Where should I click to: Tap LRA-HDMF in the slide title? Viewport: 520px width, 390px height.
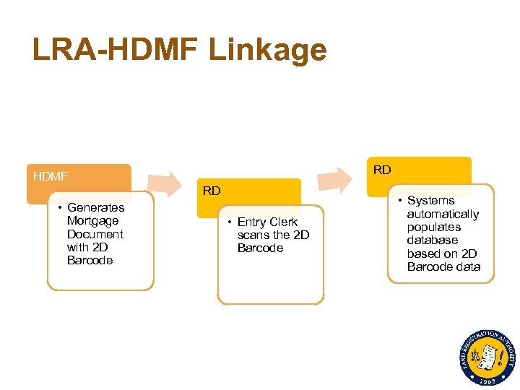[115, 50]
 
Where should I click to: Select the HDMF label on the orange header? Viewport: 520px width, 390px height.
[51, 175]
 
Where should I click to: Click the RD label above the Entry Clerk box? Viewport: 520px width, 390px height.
[212, 191]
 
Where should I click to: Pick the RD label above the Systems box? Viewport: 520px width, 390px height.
[382, 170]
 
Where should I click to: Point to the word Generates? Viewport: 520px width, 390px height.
[95, 207]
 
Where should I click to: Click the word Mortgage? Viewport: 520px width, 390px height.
[92, 220]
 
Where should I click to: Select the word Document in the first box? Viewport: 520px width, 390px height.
[95, 234]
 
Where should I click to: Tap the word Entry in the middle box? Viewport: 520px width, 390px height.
[252, 222]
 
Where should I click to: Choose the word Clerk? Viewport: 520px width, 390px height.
[284, 222]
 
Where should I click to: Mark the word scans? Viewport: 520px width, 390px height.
[253, 235]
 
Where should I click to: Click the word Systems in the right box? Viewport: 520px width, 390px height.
[430, 200]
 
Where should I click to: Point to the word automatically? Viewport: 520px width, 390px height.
[443, 214]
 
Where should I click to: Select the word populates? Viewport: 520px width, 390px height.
[433, 227]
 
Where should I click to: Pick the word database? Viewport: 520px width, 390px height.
[432, 240]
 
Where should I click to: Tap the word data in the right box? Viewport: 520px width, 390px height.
[467, 266]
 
